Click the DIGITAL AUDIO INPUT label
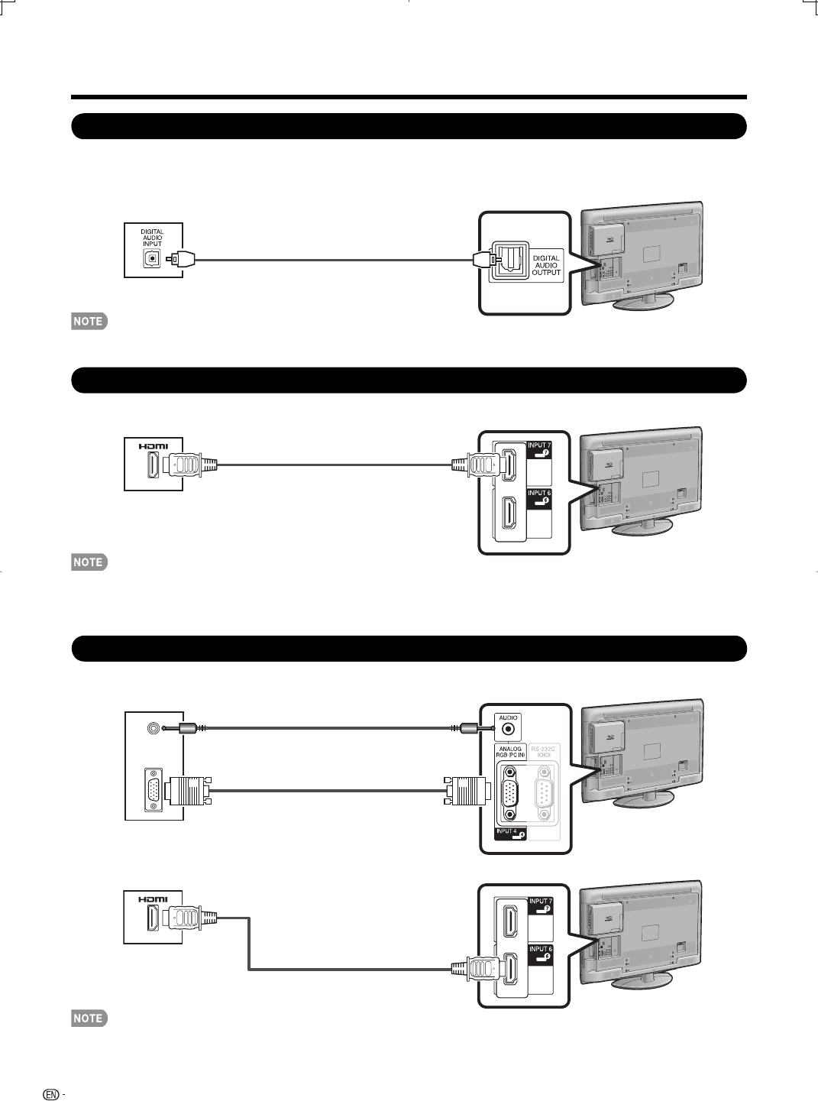pyautogui.click(x=152, y=238)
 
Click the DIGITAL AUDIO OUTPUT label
pyautogui.click(x=546, y=265)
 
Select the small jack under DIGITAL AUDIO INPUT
pyautogui.click(x=152, y=258)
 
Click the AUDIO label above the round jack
pyautogui.click(x=508, y=717)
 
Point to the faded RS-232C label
pyautogui.click(x=544, y=752)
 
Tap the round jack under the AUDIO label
pyautogui.click(x=508, y=730)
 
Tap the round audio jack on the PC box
pyautogui.click(x=155, y=728)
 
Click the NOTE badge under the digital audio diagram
pyautogui.click(x=89, y=322)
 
